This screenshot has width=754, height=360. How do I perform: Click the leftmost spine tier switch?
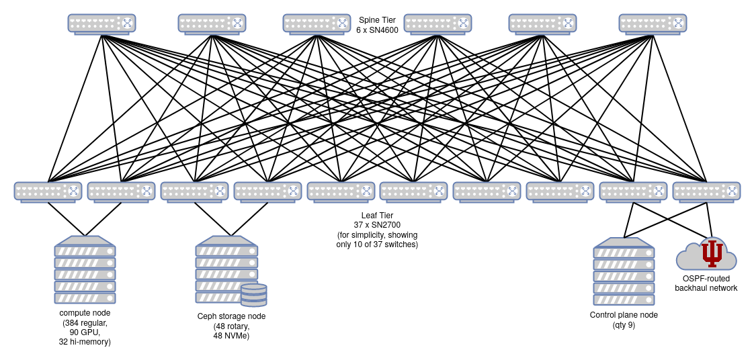[x=101, y=24]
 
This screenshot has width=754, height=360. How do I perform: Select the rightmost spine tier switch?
[x=653, y=24]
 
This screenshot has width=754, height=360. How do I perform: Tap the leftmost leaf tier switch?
[x=48, y=191]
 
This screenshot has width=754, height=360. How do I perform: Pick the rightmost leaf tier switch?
[x=706, y=191]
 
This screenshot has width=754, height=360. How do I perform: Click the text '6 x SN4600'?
[x=377, y=30]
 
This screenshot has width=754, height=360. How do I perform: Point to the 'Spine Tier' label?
[x=377, y=20]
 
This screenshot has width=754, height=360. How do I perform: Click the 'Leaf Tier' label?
[x=377, y=215]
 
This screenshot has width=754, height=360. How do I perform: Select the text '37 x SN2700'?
[x=377, y=225]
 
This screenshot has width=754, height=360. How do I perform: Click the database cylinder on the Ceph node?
[x=253, y=296]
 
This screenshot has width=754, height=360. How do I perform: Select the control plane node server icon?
[x=624, y=271]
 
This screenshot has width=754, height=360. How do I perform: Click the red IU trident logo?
[x=712, y=254]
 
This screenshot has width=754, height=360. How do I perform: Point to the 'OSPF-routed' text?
[x=706, y=279]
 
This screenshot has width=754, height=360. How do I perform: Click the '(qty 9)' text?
[x=624, y=325]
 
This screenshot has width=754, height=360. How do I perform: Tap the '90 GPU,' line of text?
[x=85, y=332]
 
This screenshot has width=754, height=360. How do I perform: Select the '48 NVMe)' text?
[x=231, y=336]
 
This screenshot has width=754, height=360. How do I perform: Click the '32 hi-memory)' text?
[x=85, y=342]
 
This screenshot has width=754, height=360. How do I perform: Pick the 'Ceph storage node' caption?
[x=231, y=316]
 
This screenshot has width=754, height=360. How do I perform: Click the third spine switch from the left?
[x=317, y=24]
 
